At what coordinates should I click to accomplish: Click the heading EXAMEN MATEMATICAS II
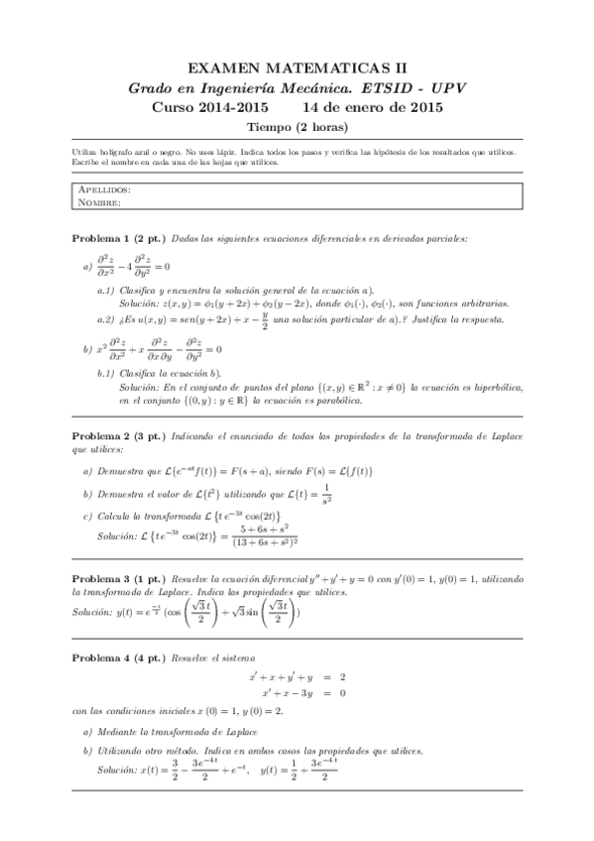point(297,67)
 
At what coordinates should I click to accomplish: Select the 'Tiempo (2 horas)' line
point(297,126)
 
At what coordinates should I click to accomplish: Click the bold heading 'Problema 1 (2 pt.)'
point(119,239)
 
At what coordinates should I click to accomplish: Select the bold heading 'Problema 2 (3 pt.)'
point(119,436)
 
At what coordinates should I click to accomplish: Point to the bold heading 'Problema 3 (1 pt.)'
point(119,576)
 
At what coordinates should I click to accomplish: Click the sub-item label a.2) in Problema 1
point(106,319)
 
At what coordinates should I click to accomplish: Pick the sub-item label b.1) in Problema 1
point(106,372)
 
